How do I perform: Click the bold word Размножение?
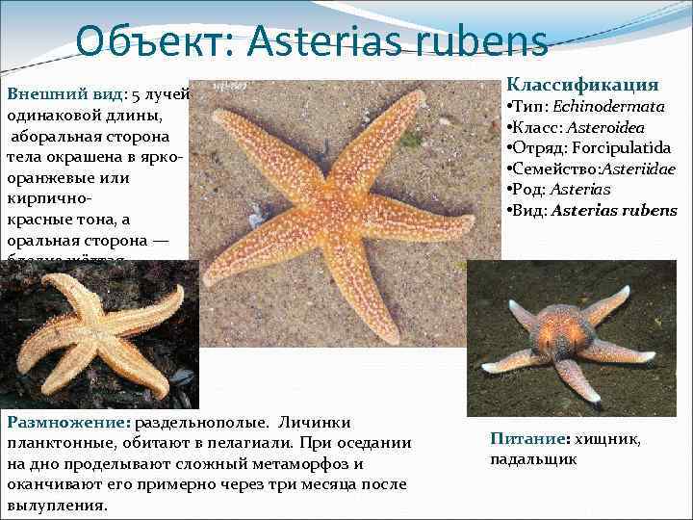pyautogui.click(x=67, y=423)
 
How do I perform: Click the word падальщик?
pyautogui.click(x=533, y=458)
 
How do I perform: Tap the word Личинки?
pyautogui.click(x=322, y=423)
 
